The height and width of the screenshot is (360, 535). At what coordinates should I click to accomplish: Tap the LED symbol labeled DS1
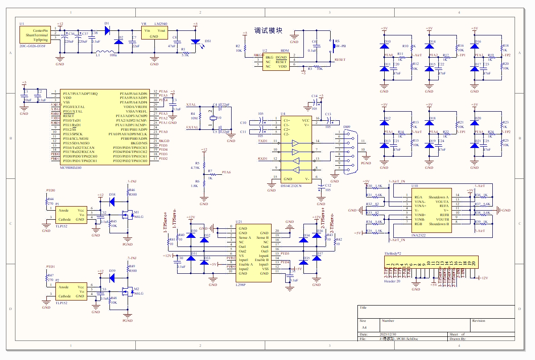(x=196, y=42)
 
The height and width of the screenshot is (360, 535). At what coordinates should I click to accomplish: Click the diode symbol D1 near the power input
(x=108, y=30)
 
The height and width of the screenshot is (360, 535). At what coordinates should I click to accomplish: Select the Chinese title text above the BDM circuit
(x=268, y=31)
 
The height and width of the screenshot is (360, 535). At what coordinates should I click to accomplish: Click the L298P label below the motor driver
(x=241, y=285)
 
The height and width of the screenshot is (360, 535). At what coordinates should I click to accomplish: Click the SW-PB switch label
(x=341, y=46)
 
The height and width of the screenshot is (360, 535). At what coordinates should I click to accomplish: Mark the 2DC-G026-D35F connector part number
(x=32, y=46)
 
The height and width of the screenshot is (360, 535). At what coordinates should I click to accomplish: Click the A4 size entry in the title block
(x=364, y=327)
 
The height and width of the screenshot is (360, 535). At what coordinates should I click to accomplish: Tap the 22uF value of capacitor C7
(x=136, y=46)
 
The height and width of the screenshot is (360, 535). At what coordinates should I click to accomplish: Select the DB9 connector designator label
(x=347, y=127)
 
